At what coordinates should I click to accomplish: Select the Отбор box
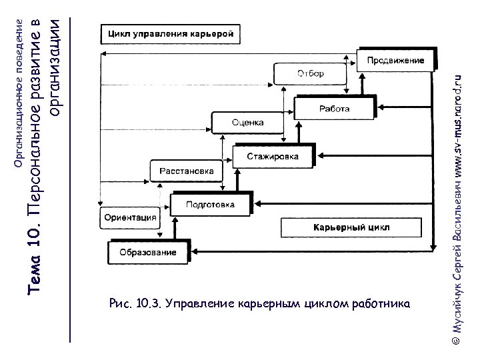tap(309, 74)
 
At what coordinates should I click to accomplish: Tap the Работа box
tap(334, 109)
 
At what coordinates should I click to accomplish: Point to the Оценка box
tap(247, 123)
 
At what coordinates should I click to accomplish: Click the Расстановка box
tap(186, 171)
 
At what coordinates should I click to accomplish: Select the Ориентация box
tap(130, 217)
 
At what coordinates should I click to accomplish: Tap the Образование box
tap(148, 252)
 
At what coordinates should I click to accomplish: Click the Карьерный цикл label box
tap(351, 227)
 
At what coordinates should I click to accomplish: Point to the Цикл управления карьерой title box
tap(170, 33)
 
